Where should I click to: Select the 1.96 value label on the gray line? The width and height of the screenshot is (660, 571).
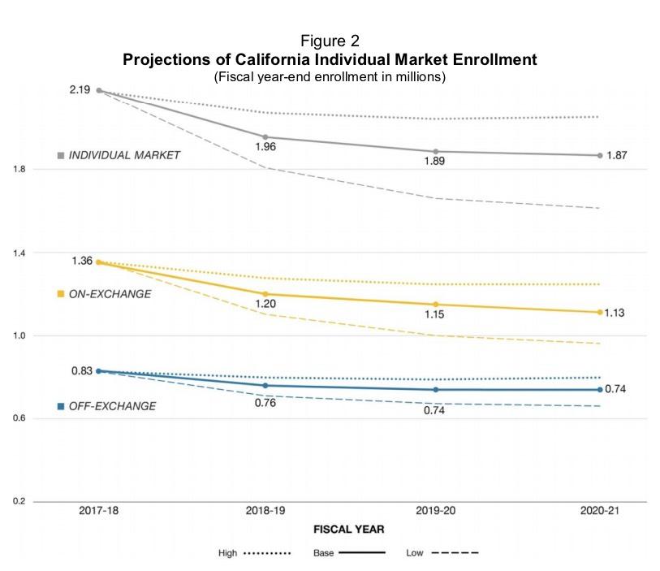coord(265,147)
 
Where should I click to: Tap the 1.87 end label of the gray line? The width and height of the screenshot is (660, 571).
coord(618,154)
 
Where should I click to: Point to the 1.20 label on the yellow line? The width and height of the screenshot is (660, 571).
coord(265,304)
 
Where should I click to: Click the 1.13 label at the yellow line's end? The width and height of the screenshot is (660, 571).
coord(618,312)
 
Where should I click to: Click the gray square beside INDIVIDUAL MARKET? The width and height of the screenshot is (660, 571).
coord(60,155)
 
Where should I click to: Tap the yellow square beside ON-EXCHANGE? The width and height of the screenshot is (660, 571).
coord(60,294)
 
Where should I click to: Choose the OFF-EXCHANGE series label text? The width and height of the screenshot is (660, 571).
coord(112,406)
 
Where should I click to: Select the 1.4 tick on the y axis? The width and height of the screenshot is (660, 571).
coord(18,253)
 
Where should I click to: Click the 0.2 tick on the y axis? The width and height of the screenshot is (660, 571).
coord(18,501)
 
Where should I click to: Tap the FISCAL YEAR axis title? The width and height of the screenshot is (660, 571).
coord(349,529)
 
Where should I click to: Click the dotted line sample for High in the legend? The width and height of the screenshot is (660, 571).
coord(267,554)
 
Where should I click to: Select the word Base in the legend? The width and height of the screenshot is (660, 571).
coord(323,554)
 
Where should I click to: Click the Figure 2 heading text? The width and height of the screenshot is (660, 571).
coord(330,41)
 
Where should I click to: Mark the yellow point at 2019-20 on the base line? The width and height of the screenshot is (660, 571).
coord(436,305)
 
